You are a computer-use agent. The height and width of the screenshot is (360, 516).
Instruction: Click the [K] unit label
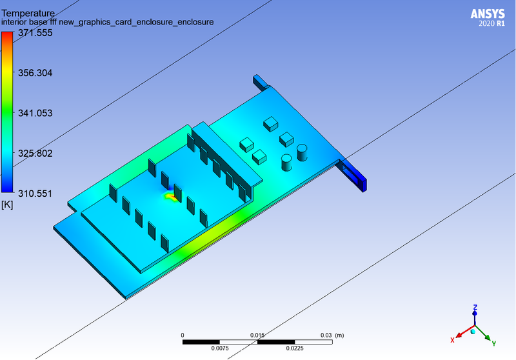(8, 205)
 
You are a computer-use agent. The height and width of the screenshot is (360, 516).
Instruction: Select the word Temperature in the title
(28, 12)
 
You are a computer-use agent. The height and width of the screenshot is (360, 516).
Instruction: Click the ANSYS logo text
(488, 14)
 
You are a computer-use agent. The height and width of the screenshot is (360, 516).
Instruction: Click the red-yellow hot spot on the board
(171, 194)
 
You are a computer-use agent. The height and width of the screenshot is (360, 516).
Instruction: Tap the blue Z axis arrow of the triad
(475, 314)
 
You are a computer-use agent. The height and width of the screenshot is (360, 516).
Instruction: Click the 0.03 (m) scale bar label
(332, 335)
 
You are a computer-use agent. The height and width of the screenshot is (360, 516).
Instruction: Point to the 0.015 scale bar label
(257, 335)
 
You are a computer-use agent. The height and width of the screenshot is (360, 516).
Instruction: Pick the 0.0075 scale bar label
(220, 349)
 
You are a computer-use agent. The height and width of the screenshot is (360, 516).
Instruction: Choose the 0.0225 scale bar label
(294, 349)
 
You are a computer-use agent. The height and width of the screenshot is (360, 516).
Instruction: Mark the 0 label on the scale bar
(183, 335)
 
